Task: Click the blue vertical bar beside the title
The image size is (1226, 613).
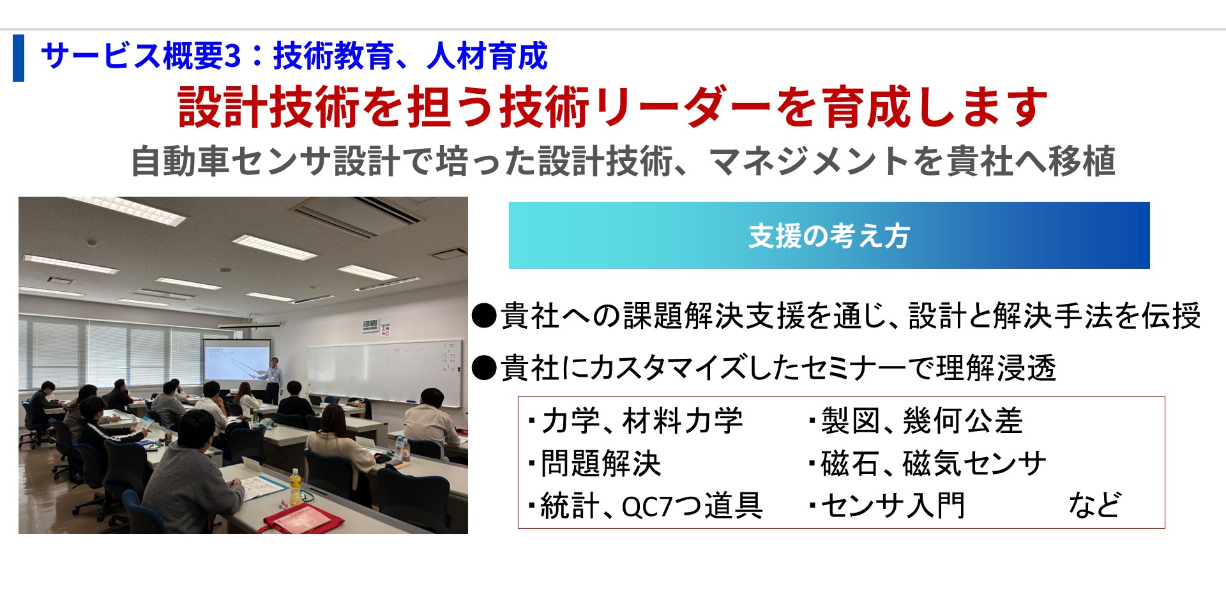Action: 19,58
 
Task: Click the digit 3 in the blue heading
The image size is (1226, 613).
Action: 233,56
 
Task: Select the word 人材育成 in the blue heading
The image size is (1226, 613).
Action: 487,56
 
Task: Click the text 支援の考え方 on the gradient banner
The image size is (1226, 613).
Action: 829,236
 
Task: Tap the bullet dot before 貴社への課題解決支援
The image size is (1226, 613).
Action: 484,315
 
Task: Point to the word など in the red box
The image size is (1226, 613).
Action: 1094,505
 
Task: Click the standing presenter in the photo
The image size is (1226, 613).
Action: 275,371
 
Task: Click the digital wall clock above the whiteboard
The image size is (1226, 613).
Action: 370,324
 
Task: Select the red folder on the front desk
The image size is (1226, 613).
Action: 300,518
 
